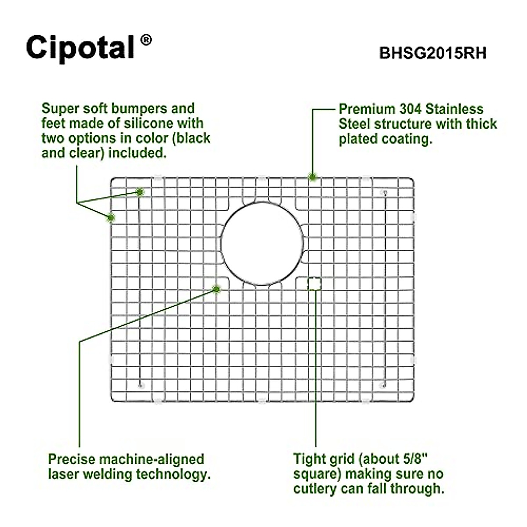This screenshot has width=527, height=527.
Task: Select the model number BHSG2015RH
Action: tap(433, 53)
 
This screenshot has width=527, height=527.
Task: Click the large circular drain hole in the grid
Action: tap(262, 244)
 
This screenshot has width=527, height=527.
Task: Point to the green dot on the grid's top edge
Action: tap(313, 177)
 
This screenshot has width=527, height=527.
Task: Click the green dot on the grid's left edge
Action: tap(111, 217)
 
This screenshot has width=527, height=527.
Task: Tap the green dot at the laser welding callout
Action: tap(216, 289)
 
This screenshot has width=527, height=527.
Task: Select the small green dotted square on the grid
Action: tap(314, 284)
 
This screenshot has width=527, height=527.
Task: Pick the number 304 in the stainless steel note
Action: tap(411, 109)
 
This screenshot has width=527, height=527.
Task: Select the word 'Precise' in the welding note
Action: tap(72, 459)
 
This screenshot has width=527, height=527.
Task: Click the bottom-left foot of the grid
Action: tap(141, 386)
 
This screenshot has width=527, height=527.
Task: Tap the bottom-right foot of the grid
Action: tap(383, 386)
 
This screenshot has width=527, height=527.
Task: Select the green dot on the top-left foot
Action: tap(140, 192)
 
